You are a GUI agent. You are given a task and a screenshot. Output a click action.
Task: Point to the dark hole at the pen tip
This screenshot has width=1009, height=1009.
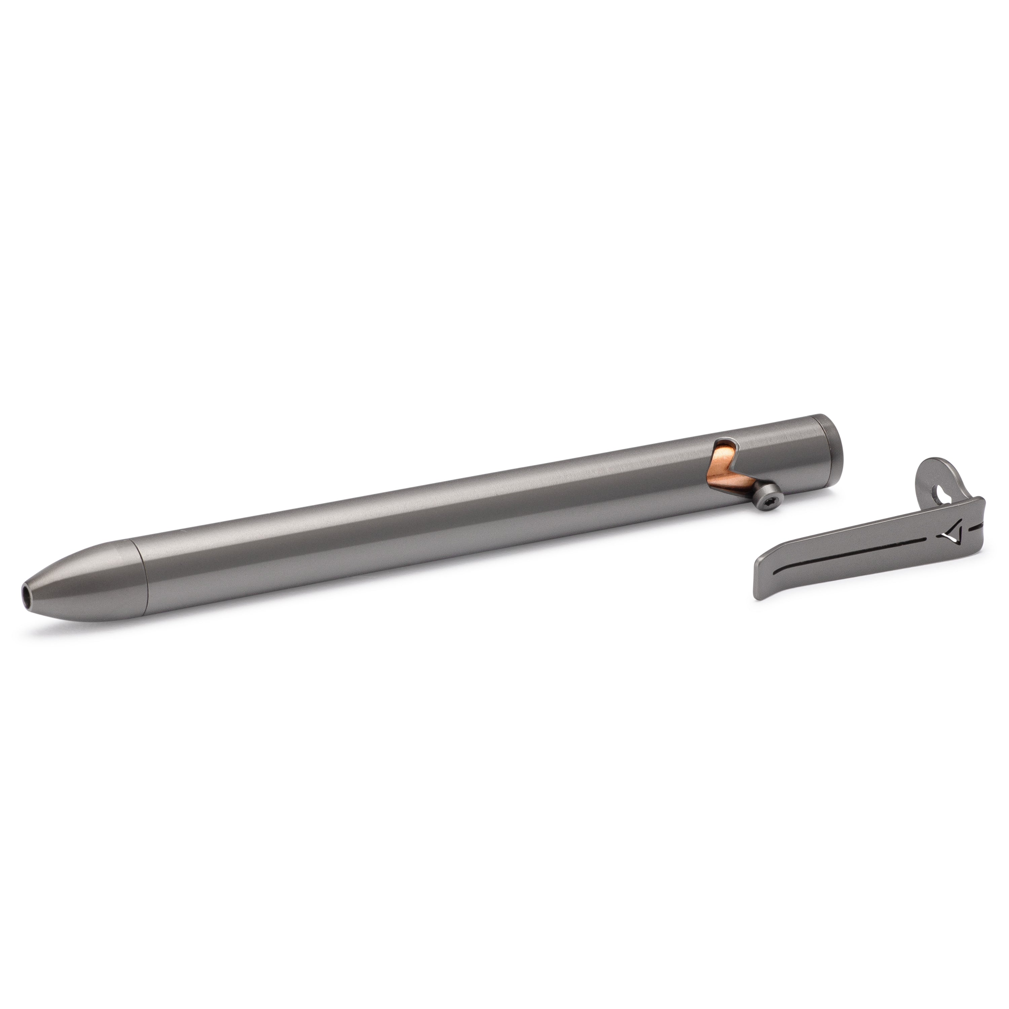(548, 594)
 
